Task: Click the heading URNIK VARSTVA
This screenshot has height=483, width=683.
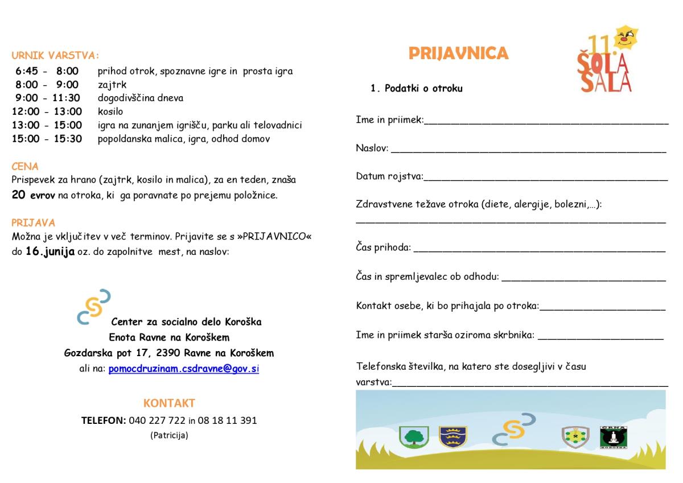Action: [x=55, y=56]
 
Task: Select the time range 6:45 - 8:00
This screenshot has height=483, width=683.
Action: [x=47, y=72]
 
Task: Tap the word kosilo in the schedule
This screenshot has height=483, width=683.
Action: [x=110, y=112]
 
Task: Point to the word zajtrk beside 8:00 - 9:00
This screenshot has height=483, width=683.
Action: [x=112, y=85]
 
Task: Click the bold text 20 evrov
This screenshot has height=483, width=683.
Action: [x=32, y=195]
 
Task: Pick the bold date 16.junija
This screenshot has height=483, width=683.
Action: [x=50, y=251]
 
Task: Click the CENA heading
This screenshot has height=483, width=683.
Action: [x=25, y=167]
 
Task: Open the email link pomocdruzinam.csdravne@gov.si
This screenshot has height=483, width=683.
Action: [x=183, y=369]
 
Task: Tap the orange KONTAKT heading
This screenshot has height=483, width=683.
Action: [x=169, y=403]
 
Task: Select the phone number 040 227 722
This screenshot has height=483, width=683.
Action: [x=158, y=421]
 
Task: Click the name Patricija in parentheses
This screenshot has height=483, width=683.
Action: [x=169, y=436]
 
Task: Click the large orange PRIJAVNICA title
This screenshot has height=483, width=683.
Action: [x=458, y=53]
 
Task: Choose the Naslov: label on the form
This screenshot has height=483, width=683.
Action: [x=372, y=148]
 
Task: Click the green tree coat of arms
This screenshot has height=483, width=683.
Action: [x=414, y=437]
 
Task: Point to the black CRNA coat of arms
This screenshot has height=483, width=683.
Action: [x=614, y=436]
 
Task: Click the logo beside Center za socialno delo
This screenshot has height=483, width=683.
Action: [x=93, y=307]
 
